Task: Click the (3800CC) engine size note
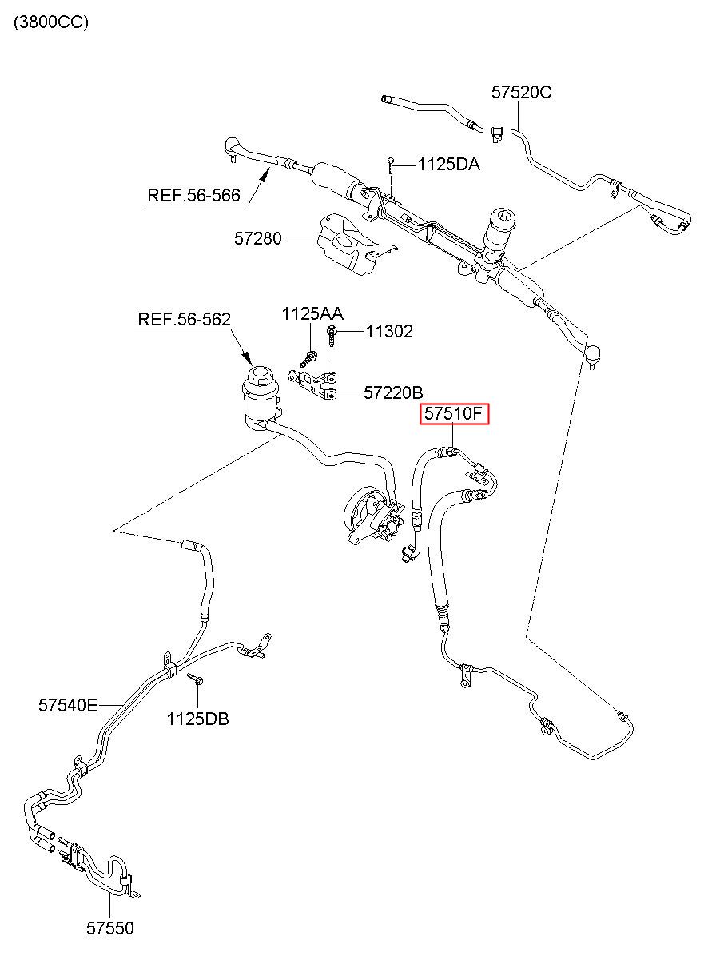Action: point(51,22)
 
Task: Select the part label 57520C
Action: point(521,92)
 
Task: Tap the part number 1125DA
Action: point(449,165)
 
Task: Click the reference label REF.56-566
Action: point(193,195)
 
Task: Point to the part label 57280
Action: point(258,238)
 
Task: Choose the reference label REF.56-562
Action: point(184,319)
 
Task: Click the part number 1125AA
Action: point(312,313)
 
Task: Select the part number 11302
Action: point(389,332)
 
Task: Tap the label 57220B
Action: point(393,392)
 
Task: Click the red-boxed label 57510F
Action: point(455,414)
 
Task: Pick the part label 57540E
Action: point(68,705)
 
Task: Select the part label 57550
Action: point(110,928)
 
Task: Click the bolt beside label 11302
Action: point(332,336)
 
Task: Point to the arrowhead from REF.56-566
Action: point(265,175)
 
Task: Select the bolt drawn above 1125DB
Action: point(196,679)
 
